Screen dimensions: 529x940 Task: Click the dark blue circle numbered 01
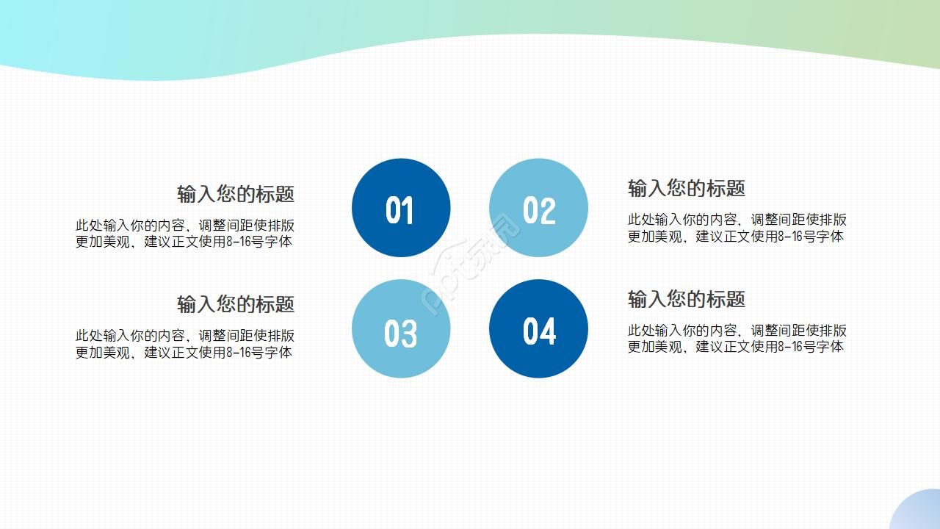401,208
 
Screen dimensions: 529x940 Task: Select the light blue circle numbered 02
538,208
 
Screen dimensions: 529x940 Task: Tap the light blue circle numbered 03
401,328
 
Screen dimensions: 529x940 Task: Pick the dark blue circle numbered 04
538,328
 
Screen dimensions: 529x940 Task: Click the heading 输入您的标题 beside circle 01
236,194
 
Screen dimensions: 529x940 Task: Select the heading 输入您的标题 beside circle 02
687,188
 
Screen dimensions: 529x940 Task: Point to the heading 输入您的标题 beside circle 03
236,303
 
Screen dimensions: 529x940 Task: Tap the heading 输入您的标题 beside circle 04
687,299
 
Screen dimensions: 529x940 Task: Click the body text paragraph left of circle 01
184,234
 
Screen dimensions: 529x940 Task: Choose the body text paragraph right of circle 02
737,228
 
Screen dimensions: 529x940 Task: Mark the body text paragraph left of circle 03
184,344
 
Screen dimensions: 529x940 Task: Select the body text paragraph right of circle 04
737,338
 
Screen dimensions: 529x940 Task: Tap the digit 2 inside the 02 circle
548,211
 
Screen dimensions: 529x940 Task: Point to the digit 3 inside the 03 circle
409,334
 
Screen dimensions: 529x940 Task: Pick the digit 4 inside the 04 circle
548,331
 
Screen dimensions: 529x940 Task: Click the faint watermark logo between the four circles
470,268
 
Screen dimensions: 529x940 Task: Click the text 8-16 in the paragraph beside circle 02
790,237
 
